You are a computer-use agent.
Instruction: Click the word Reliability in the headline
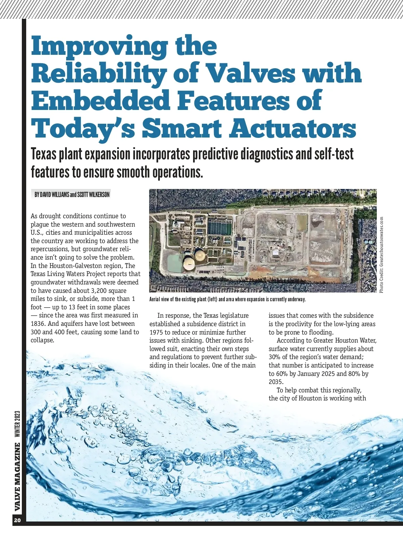pos(99,73)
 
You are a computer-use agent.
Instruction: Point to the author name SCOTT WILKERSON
pos(93,195)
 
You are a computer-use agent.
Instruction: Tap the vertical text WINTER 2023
pos(18,424)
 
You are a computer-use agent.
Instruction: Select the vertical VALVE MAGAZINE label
pos(18,477)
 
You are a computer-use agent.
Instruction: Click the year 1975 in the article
pos(156,332)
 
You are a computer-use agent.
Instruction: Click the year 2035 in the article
pos(276,382)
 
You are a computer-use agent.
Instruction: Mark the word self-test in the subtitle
pos(334,154)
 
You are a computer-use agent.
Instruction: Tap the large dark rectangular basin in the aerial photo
pos(220,227)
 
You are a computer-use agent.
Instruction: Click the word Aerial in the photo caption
pos(155,299)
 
